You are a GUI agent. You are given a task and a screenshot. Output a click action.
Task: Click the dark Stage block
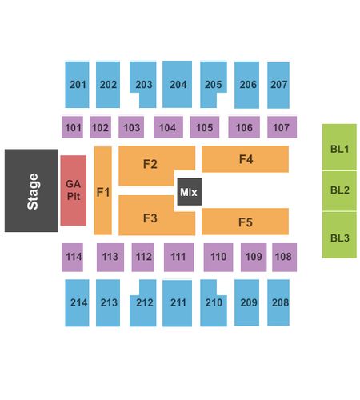(x=31, y=190)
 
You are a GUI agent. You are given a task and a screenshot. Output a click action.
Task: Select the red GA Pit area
(x=74, y=190)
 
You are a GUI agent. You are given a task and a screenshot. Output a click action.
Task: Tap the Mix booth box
(x=190, y=192)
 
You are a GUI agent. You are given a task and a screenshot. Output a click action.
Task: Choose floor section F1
(x=103, y=190)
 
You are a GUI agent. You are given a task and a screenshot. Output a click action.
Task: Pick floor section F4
(x=245, y=159)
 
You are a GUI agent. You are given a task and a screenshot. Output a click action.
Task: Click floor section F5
(x=245, y=222)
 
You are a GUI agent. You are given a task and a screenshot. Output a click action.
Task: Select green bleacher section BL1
(x=339, y=147)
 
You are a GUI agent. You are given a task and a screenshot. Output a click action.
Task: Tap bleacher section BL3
(x=339, y=235)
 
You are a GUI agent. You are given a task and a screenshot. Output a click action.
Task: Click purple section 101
(x=72, y=127)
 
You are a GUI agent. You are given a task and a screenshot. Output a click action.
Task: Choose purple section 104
(x=168, y=127)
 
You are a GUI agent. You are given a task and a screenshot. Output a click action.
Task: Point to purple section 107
(x=282, y=127)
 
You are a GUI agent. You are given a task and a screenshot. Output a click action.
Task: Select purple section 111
(x=179, y=258)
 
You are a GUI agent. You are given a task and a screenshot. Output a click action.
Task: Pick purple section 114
(x=72, y=258)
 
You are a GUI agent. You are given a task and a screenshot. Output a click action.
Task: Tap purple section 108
(x=285, y=258)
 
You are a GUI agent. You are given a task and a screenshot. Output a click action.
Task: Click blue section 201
(x=77, y=85)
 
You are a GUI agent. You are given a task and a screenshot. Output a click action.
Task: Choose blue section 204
(x=178, y=84)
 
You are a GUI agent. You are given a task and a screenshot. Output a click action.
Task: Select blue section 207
(x=278, y=86)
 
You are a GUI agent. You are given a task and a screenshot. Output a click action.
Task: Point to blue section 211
(x=178, y=303)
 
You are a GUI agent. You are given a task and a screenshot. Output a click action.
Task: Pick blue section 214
(x=77, y=303)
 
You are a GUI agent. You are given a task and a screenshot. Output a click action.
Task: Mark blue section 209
(x=246, y=302)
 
